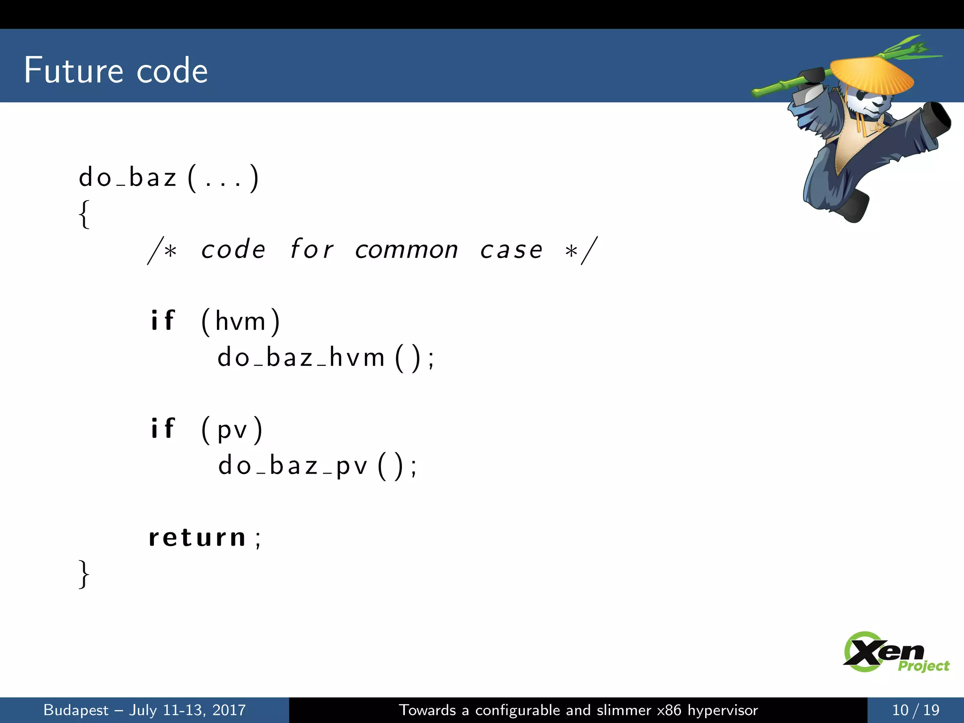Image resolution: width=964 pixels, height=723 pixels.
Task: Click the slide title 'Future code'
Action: click(116, 71)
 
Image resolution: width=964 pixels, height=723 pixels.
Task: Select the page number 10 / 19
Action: click(916, 710)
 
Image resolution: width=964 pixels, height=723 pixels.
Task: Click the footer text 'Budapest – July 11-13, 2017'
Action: click(145, 710)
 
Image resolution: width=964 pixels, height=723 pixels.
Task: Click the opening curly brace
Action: click(84, 214)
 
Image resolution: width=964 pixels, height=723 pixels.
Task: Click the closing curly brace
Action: click(84, 574)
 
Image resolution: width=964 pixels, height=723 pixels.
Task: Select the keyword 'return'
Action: click(198, 538)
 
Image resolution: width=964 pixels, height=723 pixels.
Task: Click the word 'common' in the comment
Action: click(406, 249)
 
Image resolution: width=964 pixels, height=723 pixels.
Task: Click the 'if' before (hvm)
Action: click(162, 321)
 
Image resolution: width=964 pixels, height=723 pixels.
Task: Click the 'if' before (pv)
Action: click(162, 429)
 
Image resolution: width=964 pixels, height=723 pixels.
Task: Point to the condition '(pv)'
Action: click(232, 430)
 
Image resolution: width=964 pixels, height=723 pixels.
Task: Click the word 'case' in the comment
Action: click(511, 249)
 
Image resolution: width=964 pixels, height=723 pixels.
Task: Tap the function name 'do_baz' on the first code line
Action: click(128, 178)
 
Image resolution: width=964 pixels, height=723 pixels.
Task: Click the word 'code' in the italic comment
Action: click(233, 249)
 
